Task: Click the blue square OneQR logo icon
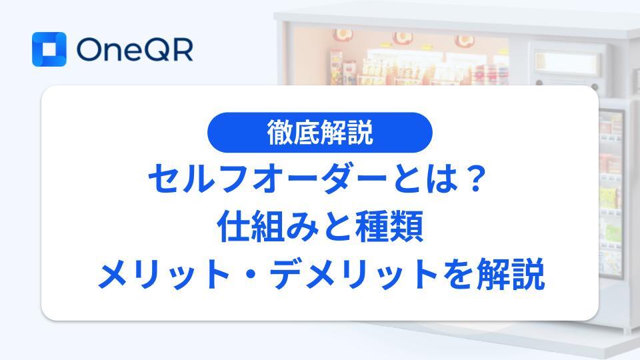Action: click(x=49, y=49)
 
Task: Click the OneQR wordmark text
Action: click(x=135, y=50)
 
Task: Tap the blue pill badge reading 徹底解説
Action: click(x=319, y=133)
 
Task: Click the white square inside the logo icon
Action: click(x=49, y=49)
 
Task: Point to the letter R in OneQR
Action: click(x=181, y=50)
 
